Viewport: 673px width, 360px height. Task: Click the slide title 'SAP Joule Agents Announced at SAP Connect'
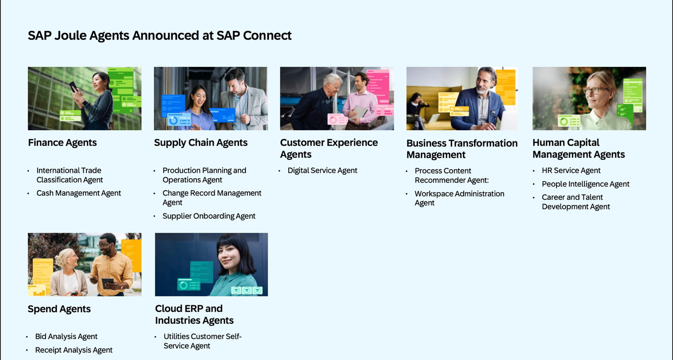pos(159,35)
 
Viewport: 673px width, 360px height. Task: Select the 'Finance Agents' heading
pos(62,142)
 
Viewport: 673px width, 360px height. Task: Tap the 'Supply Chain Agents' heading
pos(201,142)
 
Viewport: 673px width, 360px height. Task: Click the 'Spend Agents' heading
pos(59,309)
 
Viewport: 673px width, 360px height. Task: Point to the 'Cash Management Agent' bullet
pos(79,193)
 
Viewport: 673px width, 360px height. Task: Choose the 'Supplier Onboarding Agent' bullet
pos(209,216)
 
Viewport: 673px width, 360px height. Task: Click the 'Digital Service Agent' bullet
pos(322,171)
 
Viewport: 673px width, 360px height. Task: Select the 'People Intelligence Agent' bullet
pos(586,184)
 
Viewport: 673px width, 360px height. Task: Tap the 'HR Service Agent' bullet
pos(571,171)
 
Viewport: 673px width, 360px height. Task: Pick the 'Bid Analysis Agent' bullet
pos(66,337)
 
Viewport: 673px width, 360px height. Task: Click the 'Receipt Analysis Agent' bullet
pos(74,350)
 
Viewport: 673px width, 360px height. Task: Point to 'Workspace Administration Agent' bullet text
pos(459,198)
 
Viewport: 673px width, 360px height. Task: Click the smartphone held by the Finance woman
pos(74,87)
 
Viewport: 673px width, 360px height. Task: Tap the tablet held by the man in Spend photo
pos(108,283)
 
